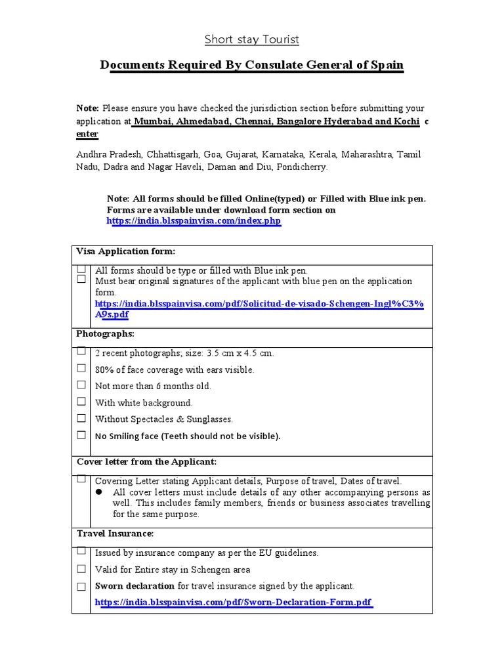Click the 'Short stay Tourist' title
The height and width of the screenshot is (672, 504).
click(x=251, y=39)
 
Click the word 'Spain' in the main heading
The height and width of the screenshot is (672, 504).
click(x=388, y=65)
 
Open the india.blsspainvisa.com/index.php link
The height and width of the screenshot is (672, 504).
click(x=194, y=221)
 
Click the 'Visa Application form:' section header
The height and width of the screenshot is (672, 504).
click(x=125, y=251)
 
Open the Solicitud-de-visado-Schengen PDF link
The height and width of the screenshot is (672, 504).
click(x=259, y=309)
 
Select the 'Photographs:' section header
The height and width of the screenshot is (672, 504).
click(x=105, y=334)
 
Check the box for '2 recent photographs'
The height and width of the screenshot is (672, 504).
click(x=81, y=352)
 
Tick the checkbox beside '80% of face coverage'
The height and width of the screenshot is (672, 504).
click(x=81, y=369)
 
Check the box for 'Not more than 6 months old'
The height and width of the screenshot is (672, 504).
click(x=81, y=385)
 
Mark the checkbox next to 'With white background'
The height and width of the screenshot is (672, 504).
click(x=81, y=402)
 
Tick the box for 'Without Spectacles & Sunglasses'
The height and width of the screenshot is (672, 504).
click(x=81, y=418)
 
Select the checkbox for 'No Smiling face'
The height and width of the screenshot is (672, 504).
click(x=81, y=435)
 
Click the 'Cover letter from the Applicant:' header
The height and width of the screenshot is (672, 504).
click(x=146, y=462)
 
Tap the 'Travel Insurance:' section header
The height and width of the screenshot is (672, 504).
click(x=115, y=534)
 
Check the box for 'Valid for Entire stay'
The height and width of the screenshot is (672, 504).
click(x=81, y=569)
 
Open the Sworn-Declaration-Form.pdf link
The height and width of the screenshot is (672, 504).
click(x=234, y=602)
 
